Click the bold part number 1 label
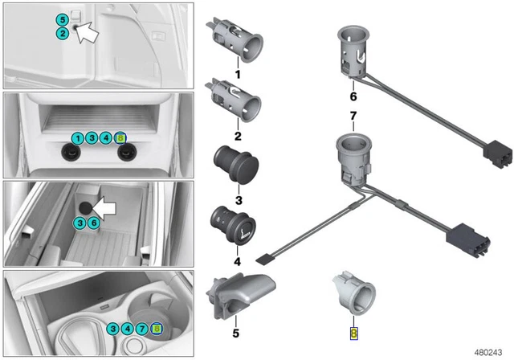[238, 74]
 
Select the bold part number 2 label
[238, 136]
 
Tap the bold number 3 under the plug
[239, 200]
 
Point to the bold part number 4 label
[238, 262]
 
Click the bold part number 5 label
[236, 333]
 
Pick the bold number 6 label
[353, 96]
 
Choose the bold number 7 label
[353, 116]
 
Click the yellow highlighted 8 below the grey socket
[353, 333]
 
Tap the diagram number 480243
[488, 353]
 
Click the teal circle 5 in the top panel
[62, 20]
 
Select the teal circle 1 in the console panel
[78, 138]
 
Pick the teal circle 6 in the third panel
[94, 223]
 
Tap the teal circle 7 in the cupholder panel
[141, 328]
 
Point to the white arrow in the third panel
[104, 208]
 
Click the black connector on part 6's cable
[498, 154]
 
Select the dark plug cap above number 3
[235, 164]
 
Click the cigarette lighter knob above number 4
[233, 224]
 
